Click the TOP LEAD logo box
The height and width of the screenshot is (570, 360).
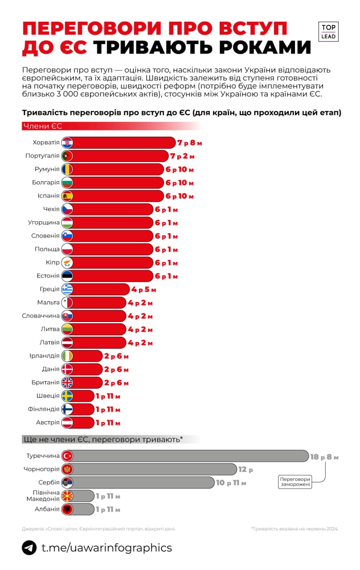(329, 32)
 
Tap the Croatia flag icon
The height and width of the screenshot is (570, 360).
(67, 143)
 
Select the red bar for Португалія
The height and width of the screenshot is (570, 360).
(120, 156)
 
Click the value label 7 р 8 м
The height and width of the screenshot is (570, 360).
(190, 143)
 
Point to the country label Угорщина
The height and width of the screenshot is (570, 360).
(44, 223)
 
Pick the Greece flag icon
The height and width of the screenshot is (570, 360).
(67, 289)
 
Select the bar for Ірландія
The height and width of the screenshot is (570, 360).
(87, 356)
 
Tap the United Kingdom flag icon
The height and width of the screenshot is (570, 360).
(67, 383)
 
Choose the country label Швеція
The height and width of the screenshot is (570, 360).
(48, 396)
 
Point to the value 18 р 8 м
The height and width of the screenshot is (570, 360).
(324, 457)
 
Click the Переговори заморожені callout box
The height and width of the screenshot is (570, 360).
(295, 482)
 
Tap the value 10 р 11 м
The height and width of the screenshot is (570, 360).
(231, 483)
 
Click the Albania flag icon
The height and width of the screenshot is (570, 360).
(67, 509)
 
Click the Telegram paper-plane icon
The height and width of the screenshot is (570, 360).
(29, 548)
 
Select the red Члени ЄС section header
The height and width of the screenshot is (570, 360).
(42, 126)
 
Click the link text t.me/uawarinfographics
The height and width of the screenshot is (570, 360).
(106, 547)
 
